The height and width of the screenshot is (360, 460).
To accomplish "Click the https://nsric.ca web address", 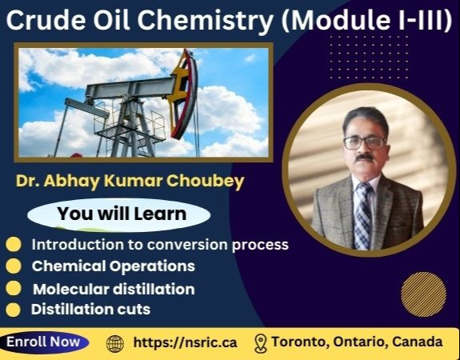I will (185, 342).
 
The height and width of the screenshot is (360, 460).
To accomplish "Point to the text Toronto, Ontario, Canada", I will (357, 342).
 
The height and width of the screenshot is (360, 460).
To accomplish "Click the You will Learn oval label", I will (121, 214).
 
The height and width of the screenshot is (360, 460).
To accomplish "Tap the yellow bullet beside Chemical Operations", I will (14, 266).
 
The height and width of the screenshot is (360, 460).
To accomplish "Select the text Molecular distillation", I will (113, 289).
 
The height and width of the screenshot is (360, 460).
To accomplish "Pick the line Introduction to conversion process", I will (159, 245).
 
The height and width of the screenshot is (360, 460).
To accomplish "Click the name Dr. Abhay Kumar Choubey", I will (130, 181).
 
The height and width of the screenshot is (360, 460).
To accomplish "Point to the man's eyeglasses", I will (364, 142).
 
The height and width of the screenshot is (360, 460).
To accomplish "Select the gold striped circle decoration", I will (423, 294).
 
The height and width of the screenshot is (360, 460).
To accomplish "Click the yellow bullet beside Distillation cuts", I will (14, 309).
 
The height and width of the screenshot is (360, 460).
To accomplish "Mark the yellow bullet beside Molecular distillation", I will (14, 288).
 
